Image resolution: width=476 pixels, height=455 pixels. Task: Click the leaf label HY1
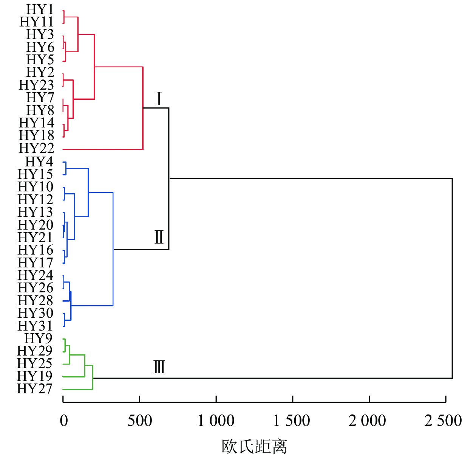click(40, 9)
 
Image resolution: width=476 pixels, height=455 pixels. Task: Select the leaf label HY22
click(37, 148)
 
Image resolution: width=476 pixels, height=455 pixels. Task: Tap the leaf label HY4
click(39, 162)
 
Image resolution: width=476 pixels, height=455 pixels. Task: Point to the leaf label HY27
click(35, 388)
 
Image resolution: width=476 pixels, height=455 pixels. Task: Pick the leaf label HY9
click(39, 338)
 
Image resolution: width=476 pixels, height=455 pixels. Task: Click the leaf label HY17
click(36, 262)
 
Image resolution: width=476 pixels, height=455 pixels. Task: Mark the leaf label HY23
click(37, 85)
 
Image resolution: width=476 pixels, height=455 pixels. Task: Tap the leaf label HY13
click(36, 212)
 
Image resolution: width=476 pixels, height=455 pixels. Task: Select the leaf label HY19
click(35, 376)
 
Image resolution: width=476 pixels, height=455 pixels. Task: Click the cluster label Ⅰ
click(159, 99)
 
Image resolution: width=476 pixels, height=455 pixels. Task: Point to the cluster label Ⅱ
click(159, 237)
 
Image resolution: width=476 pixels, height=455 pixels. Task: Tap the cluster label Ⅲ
click(159, 367)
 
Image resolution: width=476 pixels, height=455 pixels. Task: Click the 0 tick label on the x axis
click(64, 421)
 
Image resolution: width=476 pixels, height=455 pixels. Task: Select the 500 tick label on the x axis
click(140, 421)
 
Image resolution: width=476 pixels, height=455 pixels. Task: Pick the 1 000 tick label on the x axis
click(216, 421)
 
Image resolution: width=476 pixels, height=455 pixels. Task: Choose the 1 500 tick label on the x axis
click(292, 421)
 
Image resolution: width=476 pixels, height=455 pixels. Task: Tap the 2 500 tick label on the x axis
click(443, 421)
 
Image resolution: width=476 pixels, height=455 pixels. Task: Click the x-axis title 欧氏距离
click(254, 446)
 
